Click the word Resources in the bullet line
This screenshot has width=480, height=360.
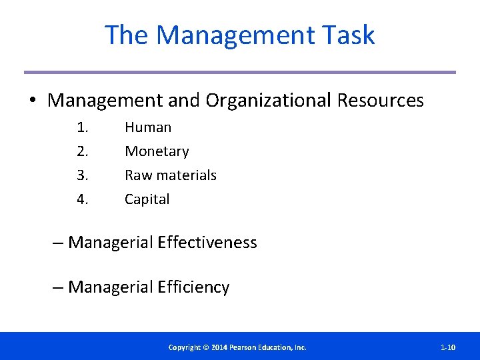381,101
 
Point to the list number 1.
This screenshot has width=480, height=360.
82,127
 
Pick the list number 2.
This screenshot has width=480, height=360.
82,151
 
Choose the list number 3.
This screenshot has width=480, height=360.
82,175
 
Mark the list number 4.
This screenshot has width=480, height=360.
82,199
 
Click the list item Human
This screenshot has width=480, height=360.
148,127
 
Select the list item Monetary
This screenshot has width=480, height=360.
157,151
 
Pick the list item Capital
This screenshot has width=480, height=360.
147,199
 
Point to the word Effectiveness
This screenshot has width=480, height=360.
207,243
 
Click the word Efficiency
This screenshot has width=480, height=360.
193,287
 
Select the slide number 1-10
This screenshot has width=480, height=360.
448,347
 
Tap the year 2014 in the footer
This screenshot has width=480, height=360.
219,347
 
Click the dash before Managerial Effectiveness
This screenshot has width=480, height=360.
59,243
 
